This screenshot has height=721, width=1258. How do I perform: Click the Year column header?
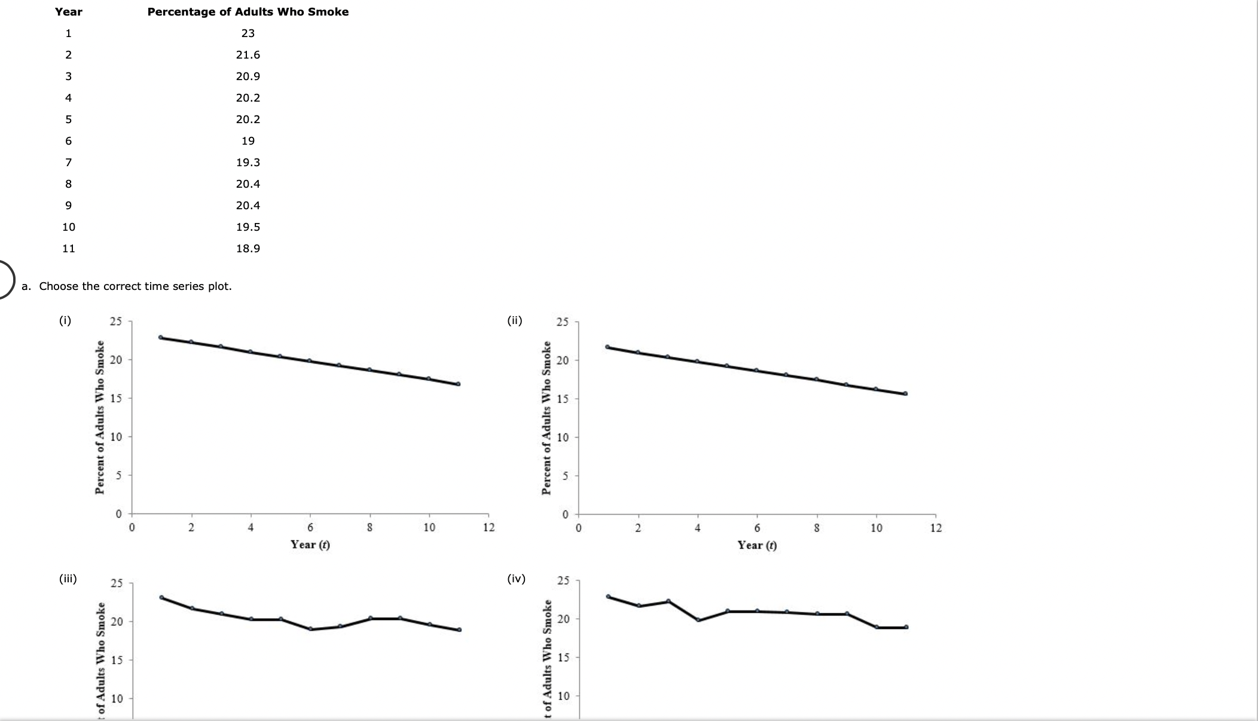[x=69, y=12]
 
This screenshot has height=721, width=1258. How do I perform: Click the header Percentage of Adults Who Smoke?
[x=248, y=12]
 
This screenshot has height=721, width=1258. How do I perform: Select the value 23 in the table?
[x=248, y=33]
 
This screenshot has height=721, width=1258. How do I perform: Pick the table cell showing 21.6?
[x=248, y=55]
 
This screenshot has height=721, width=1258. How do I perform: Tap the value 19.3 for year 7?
[x=248, y=163]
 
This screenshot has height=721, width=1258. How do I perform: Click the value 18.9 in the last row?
[x=248, y=249]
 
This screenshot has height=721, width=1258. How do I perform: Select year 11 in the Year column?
[x=69, y=249]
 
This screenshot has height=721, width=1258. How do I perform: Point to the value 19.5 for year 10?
[x=248, y=227]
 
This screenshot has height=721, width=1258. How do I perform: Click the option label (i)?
[x=65, y=320]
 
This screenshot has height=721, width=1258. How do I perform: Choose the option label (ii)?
[x=514, y=320]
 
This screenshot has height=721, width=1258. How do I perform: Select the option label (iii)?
[x=68, y=579]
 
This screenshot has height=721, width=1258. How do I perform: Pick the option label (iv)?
[x=515, y=579]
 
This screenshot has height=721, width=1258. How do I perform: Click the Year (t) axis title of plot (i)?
[x=310, y=545]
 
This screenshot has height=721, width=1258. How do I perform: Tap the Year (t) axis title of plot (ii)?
[x=757, y=545]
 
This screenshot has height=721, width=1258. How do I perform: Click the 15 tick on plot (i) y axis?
[x=116, y=399]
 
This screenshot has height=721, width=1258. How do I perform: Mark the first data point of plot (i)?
[x=161, y=337]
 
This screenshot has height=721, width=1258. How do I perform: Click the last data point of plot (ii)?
[x=905, y=393]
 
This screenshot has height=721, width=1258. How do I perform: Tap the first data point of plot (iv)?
[x=608, y=596]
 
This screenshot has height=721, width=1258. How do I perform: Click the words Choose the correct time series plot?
[x=135, y=286]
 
